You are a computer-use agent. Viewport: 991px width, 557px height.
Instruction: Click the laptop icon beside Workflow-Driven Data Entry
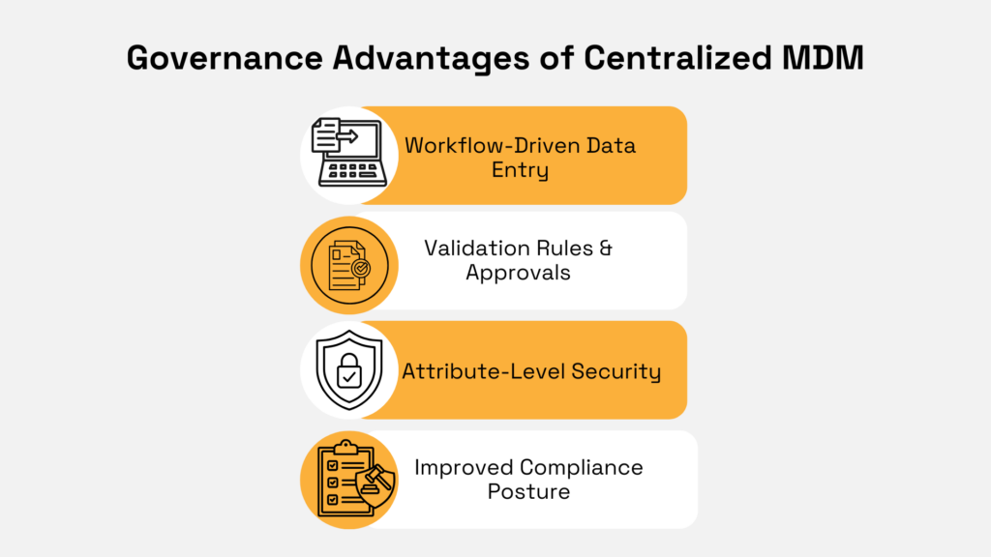point(343,155)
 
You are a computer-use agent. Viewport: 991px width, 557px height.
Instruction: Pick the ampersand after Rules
point(605,248)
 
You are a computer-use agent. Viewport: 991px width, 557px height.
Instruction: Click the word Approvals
point(518,273)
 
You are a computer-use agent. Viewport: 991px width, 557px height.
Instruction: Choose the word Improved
point(464,468)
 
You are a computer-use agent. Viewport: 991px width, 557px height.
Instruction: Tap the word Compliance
point(582,468)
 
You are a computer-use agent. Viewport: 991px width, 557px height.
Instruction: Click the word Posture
point(528,492)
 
